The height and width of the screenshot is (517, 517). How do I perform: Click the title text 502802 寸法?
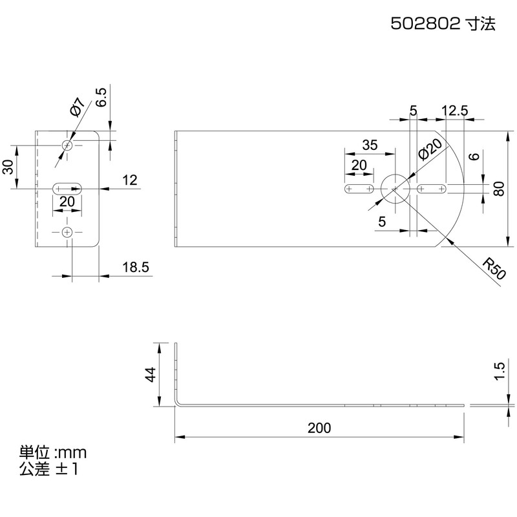[x=443, y=24]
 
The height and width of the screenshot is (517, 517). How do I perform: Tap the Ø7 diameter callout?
[x=78, y=107]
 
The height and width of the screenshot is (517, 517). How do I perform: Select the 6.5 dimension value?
[x=101, y=97]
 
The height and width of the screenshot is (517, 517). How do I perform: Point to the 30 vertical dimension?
[x=9, y=167]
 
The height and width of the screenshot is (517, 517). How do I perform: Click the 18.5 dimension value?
[x=136, y=267]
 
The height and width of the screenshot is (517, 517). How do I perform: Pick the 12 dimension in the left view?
[x=130, y=180]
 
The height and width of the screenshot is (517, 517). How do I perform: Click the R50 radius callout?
[x=493, y=268]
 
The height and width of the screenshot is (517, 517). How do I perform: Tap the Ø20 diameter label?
[x=430, y=149]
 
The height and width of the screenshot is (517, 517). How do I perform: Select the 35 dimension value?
[x=370, y=145]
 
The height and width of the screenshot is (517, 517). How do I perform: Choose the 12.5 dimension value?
[x=455, y=111]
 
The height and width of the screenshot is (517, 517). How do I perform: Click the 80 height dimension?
[x=499, y=189]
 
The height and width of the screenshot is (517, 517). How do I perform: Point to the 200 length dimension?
[x=319, y=428]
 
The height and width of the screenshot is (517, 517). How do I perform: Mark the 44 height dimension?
[x=151, y=375]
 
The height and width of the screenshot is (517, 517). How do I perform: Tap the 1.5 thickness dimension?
[x=500, y=371]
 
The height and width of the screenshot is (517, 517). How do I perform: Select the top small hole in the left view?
[x=67, y=145]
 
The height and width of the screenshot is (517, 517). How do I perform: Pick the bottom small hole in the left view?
[x=67, y=232]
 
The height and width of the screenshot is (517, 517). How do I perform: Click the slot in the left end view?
[x=67, y=189]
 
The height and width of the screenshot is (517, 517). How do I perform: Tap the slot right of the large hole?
[x=432, y=189]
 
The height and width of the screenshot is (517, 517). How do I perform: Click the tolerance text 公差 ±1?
[x=49, y=469]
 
